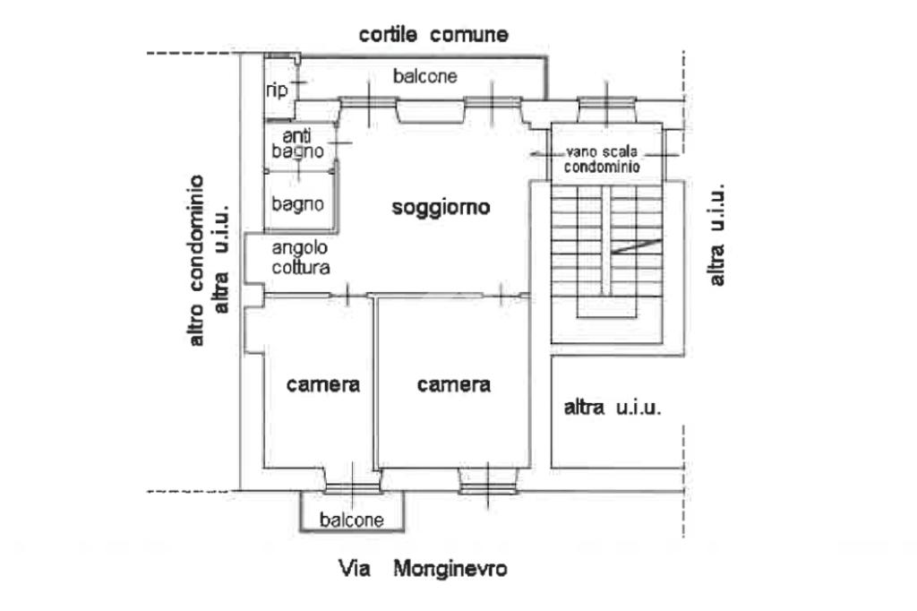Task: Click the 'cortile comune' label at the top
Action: pyautogui.click(x=433, y=35)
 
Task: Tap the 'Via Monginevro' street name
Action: pyautogui.click(x=422, y=568)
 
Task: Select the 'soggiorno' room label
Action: pyautogui.click(x=441, y=208)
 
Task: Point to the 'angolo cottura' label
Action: pyautogui.click(x=301, y=257)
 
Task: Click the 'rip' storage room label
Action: pyautogui.click(x=277, y=90)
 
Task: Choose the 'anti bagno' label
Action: pyautogui.click(x=297, y=144)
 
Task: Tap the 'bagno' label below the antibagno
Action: pyautogui.click(x=298, y=204)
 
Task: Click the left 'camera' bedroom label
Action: pyautogui.click(x=323, y=384)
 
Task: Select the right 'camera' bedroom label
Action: pyautogui.click(x=454, y=384)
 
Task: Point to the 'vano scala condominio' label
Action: pyautogui.click(x=601, y=159)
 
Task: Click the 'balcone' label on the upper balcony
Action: pyautogui.click(x=424, y=77)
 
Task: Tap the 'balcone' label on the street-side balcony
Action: pyautogui.click(x=353, y=520)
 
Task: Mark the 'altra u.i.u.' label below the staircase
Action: pyautogui.click(x=613, y=409)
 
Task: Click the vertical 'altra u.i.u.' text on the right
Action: pyautogui.click(x=716, y=235)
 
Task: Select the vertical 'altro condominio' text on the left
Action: pyautogui.click(x=196, y=260)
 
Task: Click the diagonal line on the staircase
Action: pyautogui.click(x=637, y=246)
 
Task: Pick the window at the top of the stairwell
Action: pyautogui.click(x=606, y=108)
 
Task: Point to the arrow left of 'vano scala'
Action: pyautogui.click(x=541, y=153)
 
